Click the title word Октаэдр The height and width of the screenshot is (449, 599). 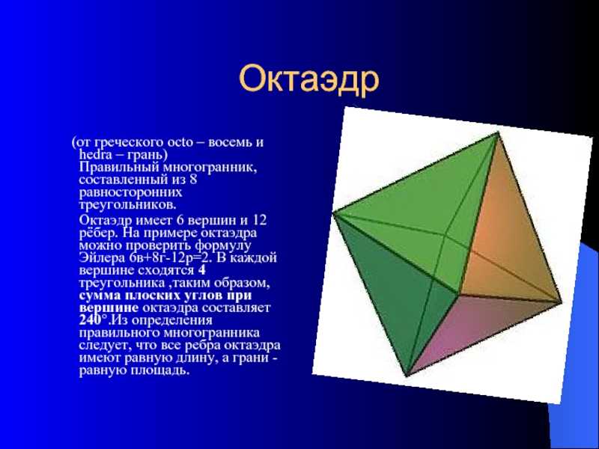[309, 79]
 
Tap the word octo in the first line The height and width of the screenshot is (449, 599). [180, 142]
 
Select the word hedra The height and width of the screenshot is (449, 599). [96, 154]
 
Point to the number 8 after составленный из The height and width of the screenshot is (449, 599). [193, 179]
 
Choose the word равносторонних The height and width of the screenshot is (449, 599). [130, 192]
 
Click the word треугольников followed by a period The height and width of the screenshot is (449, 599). [128, 204]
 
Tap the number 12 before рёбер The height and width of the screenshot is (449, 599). [258, 220]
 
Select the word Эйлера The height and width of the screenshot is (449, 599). [103, 257]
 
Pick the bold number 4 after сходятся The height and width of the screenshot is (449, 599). [202, 270]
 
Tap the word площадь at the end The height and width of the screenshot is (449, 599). [160, 370]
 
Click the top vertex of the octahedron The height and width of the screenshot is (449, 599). [498, 132]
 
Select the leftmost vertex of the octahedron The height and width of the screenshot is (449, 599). [333, 214]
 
